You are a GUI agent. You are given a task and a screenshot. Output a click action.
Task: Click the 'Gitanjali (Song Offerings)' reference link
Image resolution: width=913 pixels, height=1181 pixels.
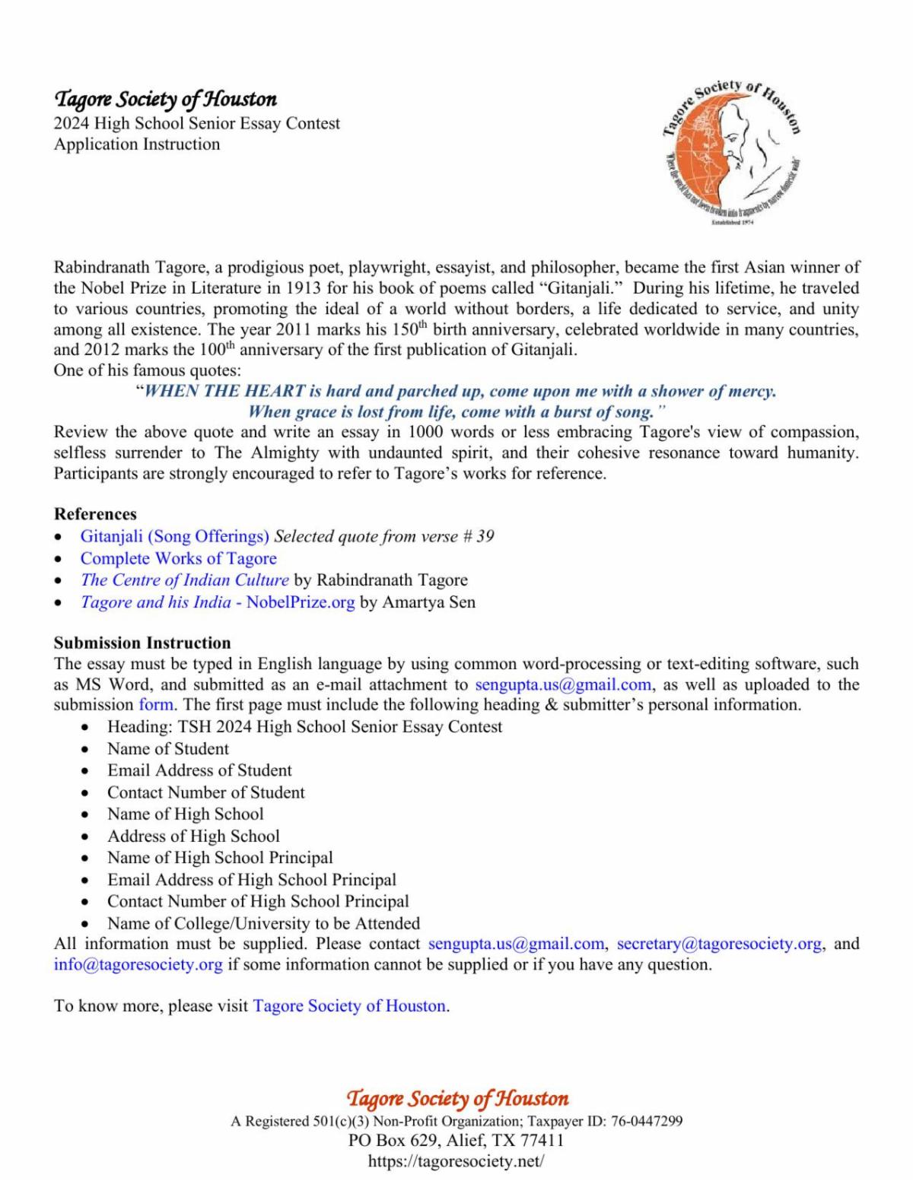click(x=174, y=536)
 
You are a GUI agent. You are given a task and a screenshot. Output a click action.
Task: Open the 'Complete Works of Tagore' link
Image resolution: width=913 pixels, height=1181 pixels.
click(x=178, y=558)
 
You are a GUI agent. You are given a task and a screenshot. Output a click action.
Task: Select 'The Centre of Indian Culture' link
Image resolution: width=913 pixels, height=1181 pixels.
click(x=184, y=580)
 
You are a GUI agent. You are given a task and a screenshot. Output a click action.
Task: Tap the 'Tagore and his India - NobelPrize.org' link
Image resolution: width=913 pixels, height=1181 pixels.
click(x=218, y=602)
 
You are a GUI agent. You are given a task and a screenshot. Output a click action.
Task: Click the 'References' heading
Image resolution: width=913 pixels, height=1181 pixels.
click(x=95, y=514)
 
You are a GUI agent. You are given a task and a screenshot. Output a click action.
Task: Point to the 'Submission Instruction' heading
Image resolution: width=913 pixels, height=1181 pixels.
click(x=142, y=643)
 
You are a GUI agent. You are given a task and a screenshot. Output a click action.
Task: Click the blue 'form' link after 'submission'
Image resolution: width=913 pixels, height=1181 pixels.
click(x=156, y=704)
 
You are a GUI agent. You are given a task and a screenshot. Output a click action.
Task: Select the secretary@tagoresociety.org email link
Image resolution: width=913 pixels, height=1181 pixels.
click(x=719, y=944)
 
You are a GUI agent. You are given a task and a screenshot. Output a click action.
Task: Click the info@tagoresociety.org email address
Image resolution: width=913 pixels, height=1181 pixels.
click(x=138, y=965)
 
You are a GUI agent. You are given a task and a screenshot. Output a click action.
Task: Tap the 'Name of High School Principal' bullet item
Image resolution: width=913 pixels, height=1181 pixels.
click(x=220, y=858)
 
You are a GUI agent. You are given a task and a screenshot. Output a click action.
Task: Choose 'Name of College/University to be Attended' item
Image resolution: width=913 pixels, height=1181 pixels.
click(x=263, y=923)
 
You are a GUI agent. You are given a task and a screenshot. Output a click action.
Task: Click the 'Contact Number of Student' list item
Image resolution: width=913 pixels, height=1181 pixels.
click(x=205, y=792)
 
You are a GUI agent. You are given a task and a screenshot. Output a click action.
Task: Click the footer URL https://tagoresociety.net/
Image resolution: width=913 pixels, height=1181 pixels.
click(x=456, y=1161)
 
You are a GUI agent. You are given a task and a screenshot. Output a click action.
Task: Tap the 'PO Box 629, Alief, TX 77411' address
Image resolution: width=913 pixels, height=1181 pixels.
click(x=456, y=1141)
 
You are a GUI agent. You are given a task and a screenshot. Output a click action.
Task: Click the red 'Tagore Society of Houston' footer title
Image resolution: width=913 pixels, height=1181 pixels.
click(x=457, y=1098)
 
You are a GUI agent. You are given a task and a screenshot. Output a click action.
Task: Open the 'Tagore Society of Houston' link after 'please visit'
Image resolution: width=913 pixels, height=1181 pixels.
click(x=348, y=1006)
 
